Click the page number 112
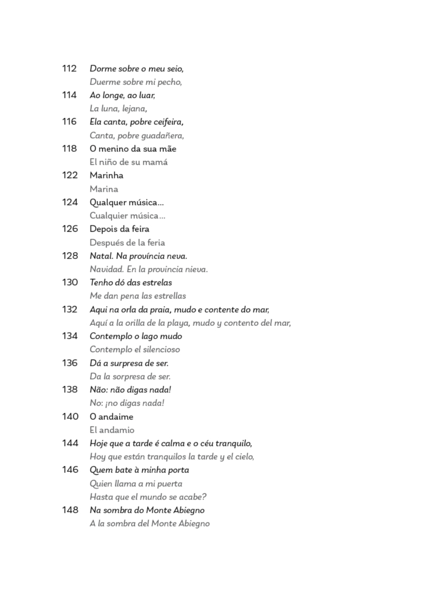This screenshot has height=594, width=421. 69,69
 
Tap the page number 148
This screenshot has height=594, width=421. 70,510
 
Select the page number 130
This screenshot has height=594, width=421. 70,282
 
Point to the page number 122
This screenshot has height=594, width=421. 70,175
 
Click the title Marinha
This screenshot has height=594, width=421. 106,175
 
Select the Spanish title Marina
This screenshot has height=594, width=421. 104,189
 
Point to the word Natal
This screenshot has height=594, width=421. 102,256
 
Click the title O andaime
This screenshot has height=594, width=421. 111,417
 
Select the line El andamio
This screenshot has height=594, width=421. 112,430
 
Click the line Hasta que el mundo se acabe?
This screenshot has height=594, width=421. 148,497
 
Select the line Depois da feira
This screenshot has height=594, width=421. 119,229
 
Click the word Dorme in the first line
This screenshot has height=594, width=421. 100,69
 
